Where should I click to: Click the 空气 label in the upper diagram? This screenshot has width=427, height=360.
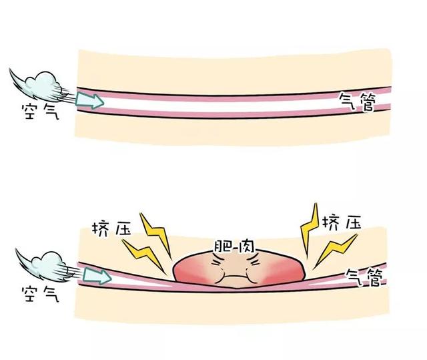[x=40, y=112]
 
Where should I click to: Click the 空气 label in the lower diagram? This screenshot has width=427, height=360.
[x=40, y=294]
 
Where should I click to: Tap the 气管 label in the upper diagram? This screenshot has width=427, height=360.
[x=358, y=102]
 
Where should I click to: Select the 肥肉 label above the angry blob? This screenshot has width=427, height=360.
[x=234, y=246]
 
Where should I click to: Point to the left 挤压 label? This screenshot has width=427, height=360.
[x=111, y=229]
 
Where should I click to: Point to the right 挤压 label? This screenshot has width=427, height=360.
[x=342, y=223]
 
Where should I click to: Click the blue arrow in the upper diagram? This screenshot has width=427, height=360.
[x=90, y=100]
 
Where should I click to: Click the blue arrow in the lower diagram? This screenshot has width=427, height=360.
[x=97, y=276]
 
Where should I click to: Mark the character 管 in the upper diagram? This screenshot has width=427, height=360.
[x=367, y=102]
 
